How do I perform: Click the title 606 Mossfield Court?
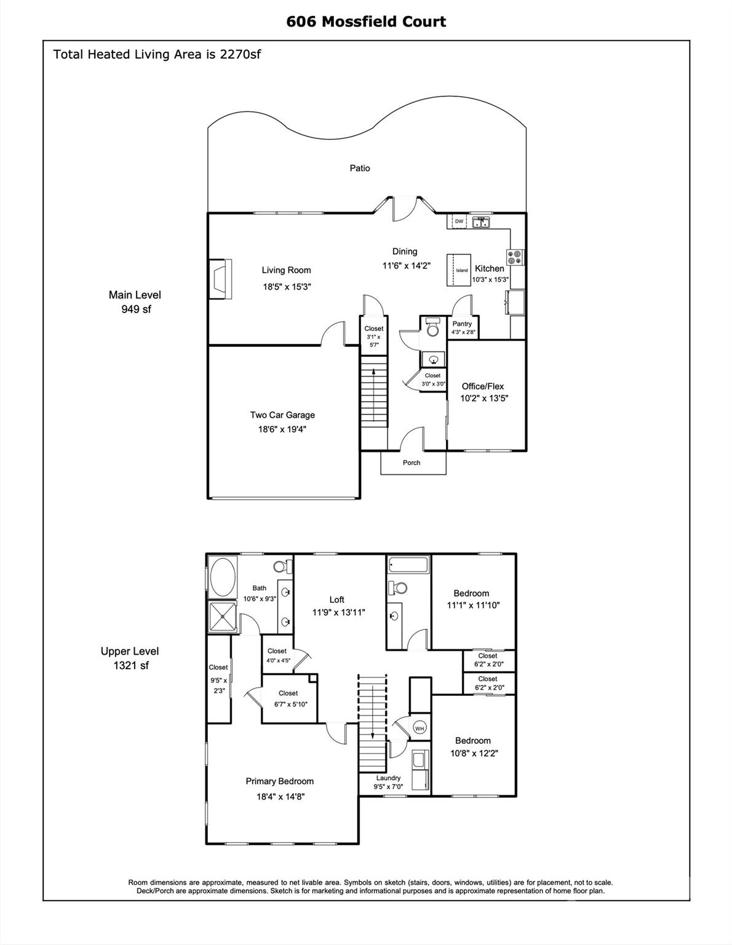366,22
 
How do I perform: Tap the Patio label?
360,168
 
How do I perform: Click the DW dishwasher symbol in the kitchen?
459,221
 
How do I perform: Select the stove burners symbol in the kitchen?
515,257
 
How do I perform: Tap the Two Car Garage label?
282,415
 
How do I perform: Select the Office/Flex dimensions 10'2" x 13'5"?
484,398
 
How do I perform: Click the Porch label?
412,463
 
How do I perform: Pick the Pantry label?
462,324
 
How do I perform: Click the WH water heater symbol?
420,728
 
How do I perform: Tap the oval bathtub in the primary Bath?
223,576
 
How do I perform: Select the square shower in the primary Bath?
222,616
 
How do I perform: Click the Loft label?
336,599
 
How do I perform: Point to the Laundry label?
388,778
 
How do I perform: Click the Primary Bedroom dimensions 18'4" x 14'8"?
280,796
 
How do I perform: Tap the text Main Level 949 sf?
135,302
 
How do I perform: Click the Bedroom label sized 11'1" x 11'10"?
471,593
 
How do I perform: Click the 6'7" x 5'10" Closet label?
288,693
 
